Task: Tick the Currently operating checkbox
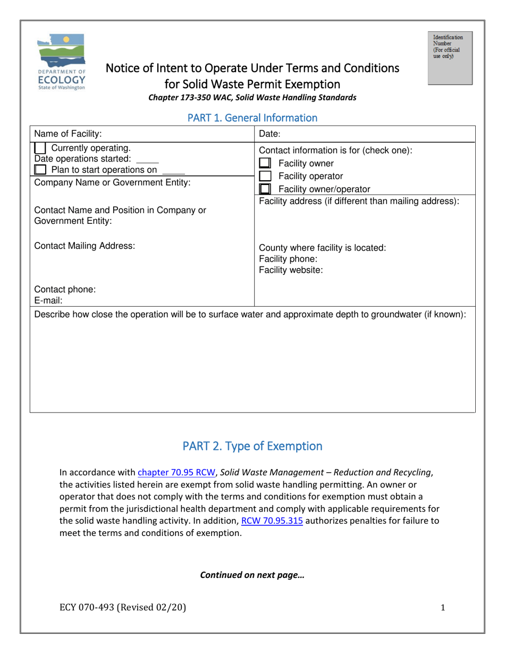pos(40,148)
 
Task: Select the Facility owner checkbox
pos(265,163)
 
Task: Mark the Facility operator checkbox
pos(265,176)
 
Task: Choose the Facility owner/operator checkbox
pos(265,189)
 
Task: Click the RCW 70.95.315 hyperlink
pos(272,521)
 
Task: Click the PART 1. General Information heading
pos(252,118)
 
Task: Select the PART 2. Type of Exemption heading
pos(252,446)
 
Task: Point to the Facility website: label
pos(291,270)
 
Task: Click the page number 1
pos(443,609)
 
